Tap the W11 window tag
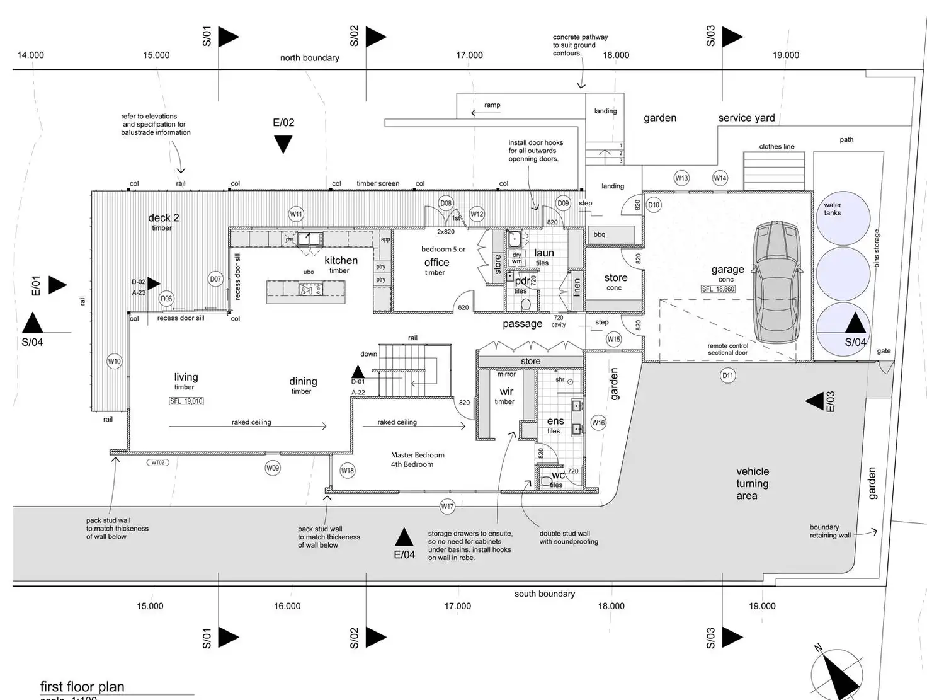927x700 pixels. tap(296, 214)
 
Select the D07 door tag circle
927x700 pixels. tap(215, 278)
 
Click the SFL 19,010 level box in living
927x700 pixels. tap(186, 401)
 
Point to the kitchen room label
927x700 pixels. tap(341, 260)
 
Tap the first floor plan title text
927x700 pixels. tap(82, 687)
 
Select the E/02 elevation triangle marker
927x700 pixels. tap(283, 145)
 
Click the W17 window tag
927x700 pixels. tap(447, 506)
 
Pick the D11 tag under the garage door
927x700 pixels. tap(727, 376)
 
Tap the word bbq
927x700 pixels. tap(599, 234)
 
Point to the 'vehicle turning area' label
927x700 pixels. tap(752, 483)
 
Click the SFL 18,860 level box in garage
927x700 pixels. tap(718, 289)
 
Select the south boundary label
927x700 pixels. tap(544, 594)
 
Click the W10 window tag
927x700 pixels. tap(114, 362)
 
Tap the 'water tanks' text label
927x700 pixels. tap(832, 209)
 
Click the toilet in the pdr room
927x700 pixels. tap(526, 305)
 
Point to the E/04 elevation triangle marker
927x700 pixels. tap(404, 537)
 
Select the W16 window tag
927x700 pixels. tap(598, 423)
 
